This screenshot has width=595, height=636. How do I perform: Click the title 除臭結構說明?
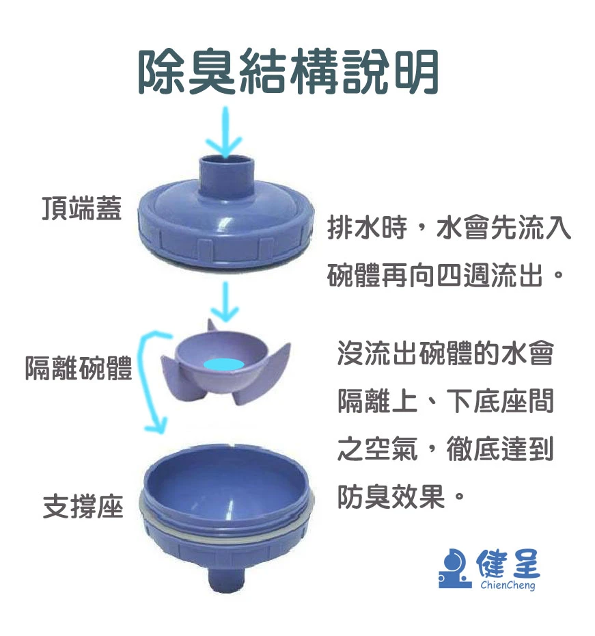click(288, 72)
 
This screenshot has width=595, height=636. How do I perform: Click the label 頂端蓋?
click(82, 208)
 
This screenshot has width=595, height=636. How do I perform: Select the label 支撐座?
click(83, 506)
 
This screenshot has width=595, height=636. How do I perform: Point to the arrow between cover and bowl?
click(225, 302)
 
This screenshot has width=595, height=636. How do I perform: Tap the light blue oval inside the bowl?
click(223, 364)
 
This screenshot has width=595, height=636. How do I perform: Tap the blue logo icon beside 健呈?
click(455, 569)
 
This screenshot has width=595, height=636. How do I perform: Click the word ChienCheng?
click(508, 585)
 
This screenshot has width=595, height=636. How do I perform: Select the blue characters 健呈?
click(508, 564)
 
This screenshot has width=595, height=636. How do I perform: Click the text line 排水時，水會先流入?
click(449, 228)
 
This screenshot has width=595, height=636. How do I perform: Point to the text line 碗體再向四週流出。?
click(445, 275)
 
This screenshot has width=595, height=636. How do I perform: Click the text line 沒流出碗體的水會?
click(445, 354)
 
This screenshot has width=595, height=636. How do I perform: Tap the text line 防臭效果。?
click(401, 496)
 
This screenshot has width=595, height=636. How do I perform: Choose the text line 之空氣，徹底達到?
click(445, 449)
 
